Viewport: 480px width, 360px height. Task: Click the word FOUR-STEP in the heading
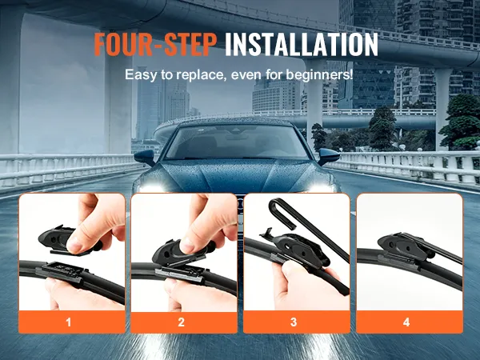tap(155, 44)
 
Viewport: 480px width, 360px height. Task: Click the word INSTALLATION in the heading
tap(302, 44)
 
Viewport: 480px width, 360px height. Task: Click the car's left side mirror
tap(145, 157)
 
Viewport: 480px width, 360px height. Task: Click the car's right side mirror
tap(329, 156)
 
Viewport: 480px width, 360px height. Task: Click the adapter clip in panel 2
tap(172, 252)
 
